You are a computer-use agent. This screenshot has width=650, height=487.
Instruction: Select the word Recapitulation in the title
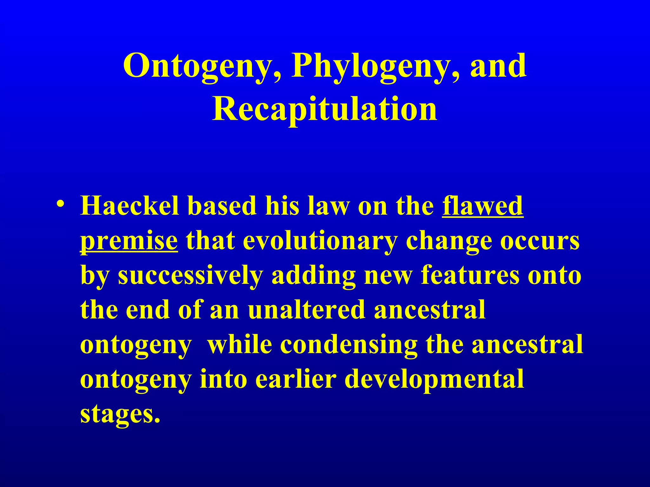coord(325,109)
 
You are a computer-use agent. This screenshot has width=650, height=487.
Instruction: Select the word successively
coord(190,276)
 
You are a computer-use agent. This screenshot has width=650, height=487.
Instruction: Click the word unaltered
coord(307,310)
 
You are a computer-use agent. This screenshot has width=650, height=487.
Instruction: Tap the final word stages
coord(120,414)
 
